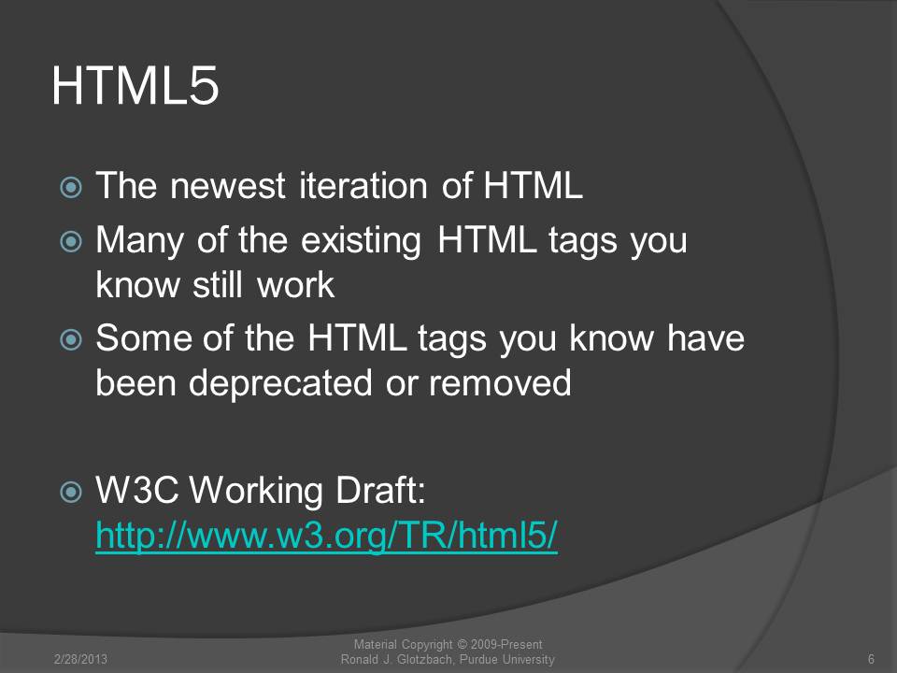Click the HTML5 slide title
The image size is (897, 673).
[135, 86]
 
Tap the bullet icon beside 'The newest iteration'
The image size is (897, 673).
[71, 187]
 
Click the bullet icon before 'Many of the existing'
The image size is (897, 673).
[71, 241]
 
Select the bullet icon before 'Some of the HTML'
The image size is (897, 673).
[71, 339]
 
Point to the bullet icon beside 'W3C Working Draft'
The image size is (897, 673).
[71, 491]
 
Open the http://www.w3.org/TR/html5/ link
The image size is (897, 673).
[327, 536]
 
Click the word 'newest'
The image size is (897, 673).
[228, 186]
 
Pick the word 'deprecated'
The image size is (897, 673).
[280, 383]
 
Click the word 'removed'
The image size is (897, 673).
[500, 382]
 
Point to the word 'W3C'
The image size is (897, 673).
[137, 490]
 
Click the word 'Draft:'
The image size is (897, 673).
[381, 490]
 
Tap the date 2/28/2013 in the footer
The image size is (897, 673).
[80, 659]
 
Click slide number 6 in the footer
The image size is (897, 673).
[871, 659]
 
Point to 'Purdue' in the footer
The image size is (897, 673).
[478, 659]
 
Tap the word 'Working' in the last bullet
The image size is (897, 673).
[256, 491]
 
